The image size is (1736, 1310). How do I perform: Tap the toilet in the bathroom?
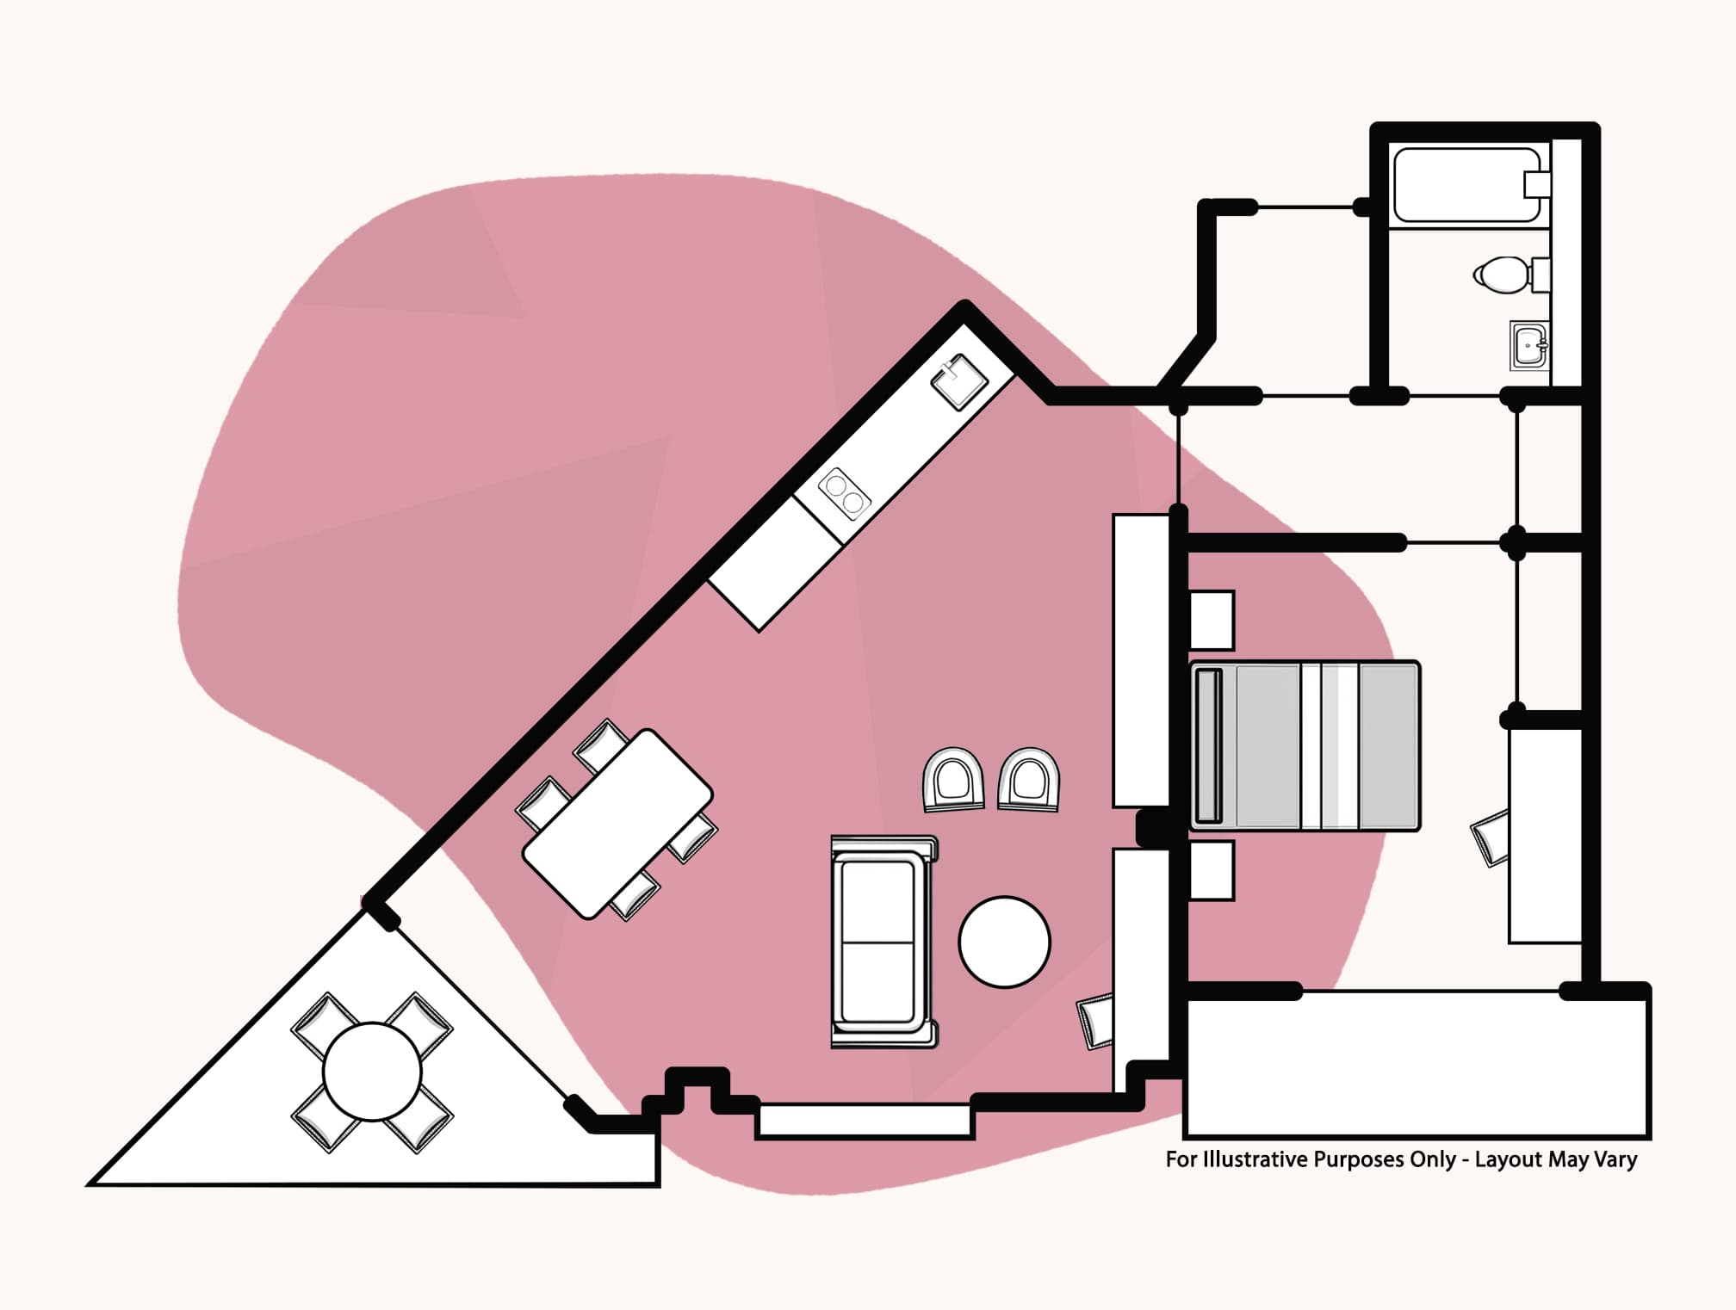pos(1502,275)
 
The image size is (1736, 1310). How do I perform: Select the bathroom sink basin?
pos(1529,346)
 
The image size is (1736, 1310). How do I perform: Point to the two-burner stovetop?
pos(844,494)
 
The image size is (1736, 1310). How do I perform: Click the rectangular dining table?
pos(617,824)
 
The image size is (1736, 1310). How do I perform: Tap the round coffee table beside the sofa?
pos(1004,942)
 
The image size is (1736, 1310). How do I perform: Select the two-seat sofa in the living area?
pos(881,942)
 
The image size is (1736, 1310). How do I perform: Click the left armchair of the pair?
pos(953,780)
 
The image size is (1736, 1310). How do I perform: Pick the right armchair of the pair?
pos(1029,780)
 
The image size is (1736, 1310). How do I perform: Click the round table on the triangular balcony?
pos(372,1072)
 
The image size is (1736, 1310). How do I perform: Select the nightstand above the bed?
pos(1212,620)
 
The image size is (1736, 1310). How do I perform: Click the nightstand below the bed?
pos(1212,871)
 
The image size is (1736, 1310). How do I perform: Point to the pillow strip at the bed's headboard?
pos(1208,745)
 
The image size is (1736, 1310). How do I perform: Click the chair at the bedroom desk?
pos(1491,837)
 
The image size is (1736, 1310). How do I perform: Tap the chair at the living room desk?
pos(1096,1021)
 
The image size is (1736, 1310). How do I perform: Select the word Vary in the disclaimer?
pos(1615,1159)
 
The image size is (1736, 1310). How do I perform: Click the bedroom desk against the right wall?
pos(1546,835)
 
